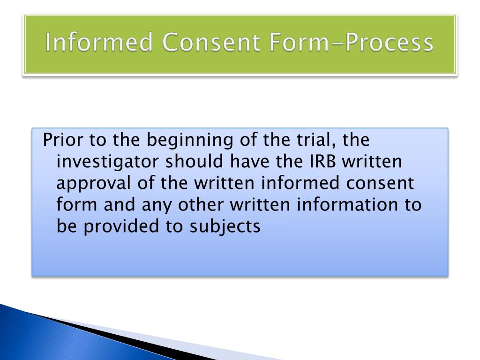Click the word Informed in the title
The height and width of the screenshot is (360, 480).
[100, 43]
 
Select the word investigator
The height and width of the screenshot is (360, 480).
[108, 162]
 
